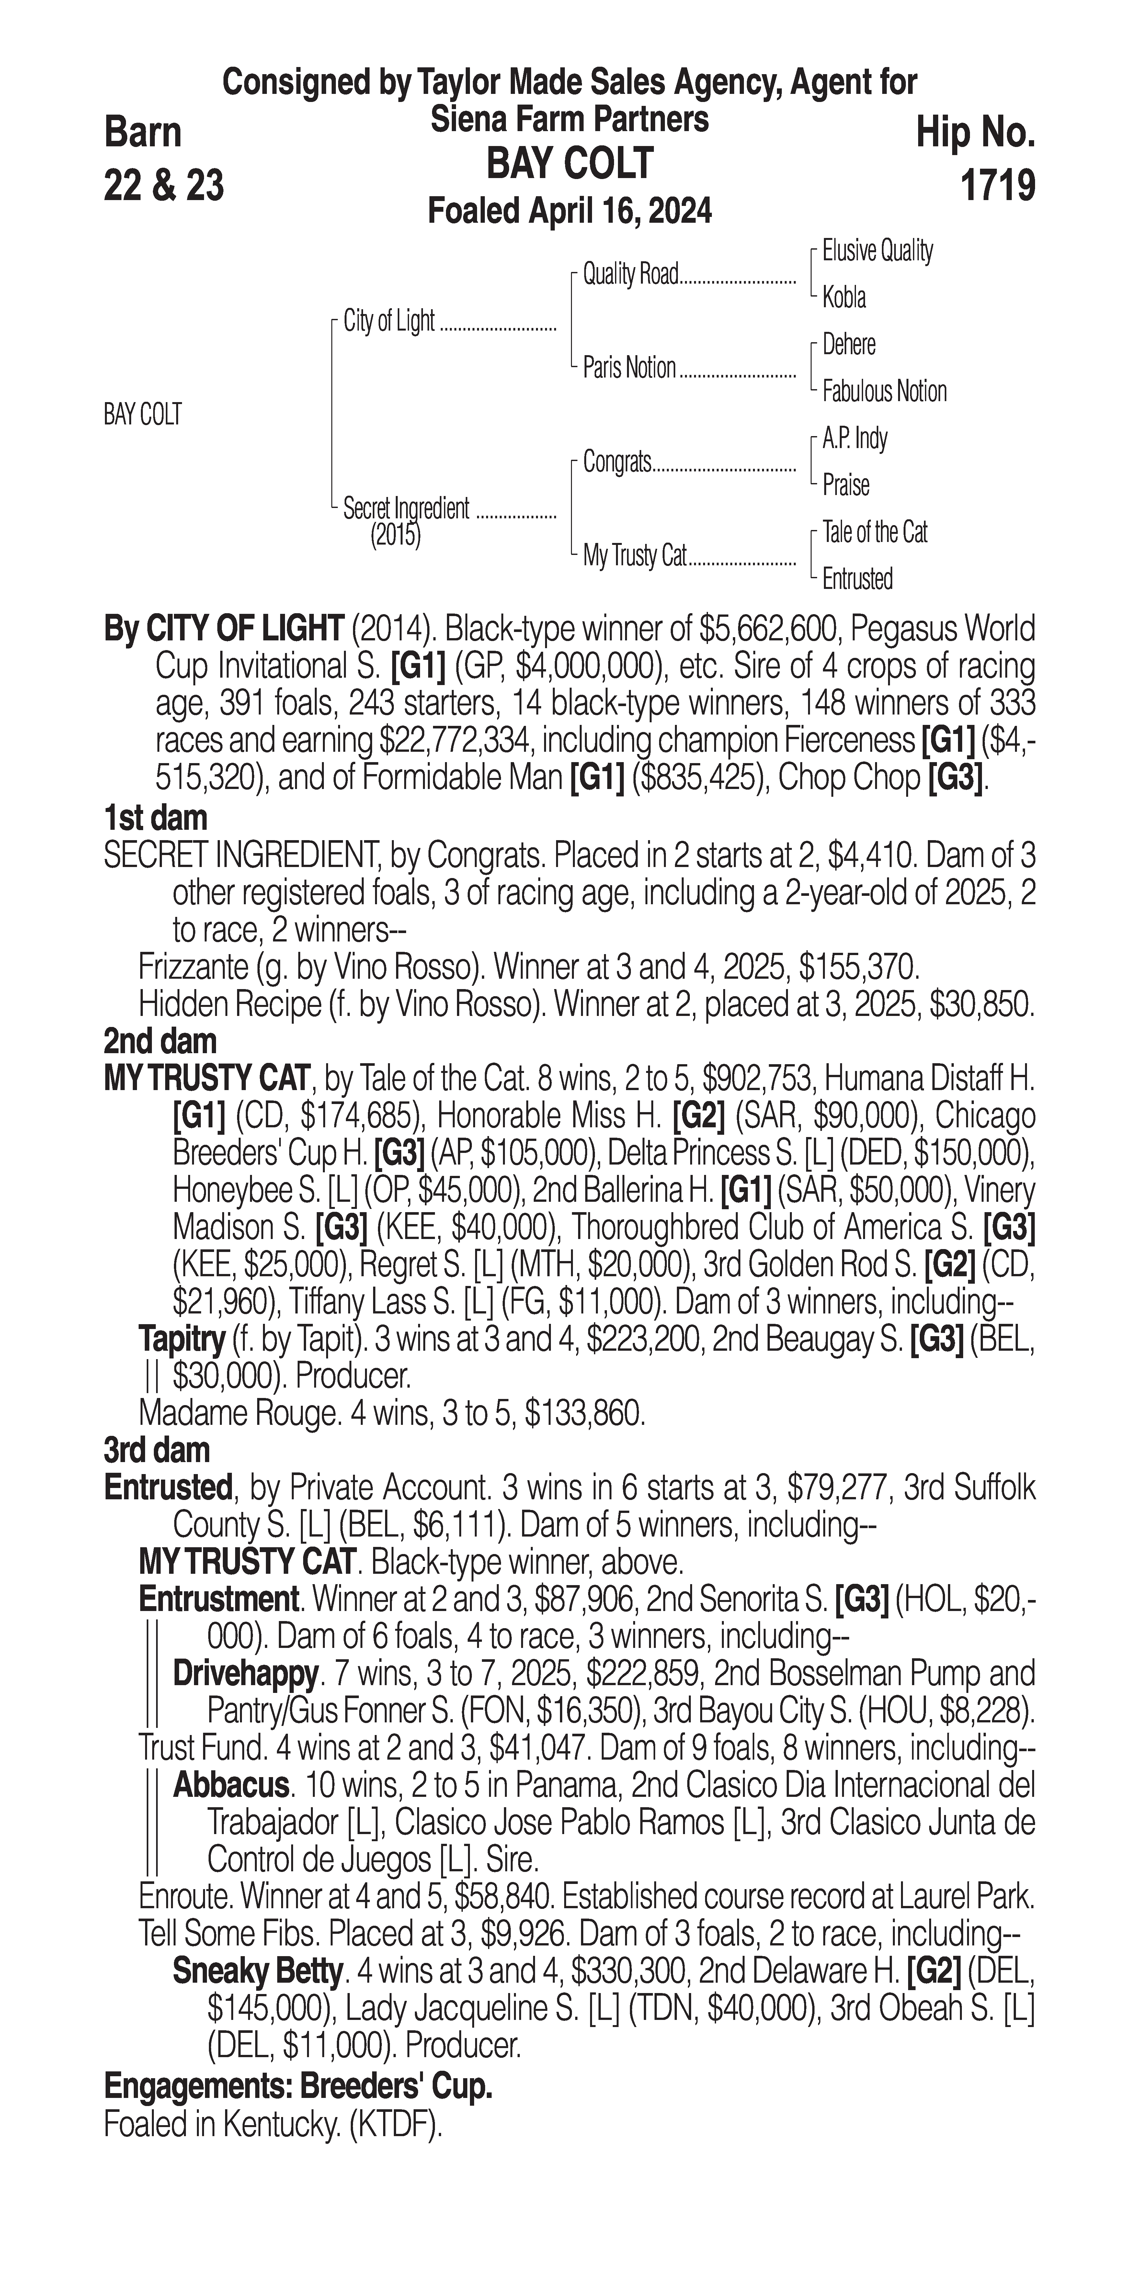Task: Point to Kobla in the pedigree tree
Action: coord(844,298)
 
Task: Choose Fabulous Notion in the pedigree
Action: coord(884,391)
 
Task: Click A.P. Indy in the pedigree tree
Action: coord(855,438)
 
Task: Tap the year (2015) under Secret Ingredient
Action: coord(395,535)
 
